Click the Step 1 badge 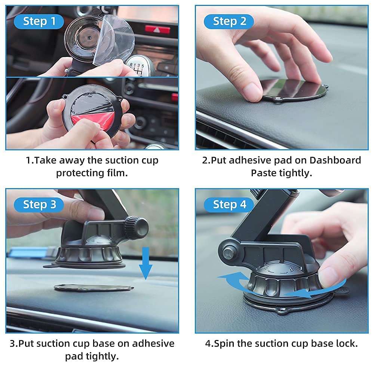coord(39,22)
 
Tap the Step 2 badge coord(229,22)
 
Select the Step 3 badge coord(39,205)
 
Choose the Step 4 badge coord(229,205)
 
